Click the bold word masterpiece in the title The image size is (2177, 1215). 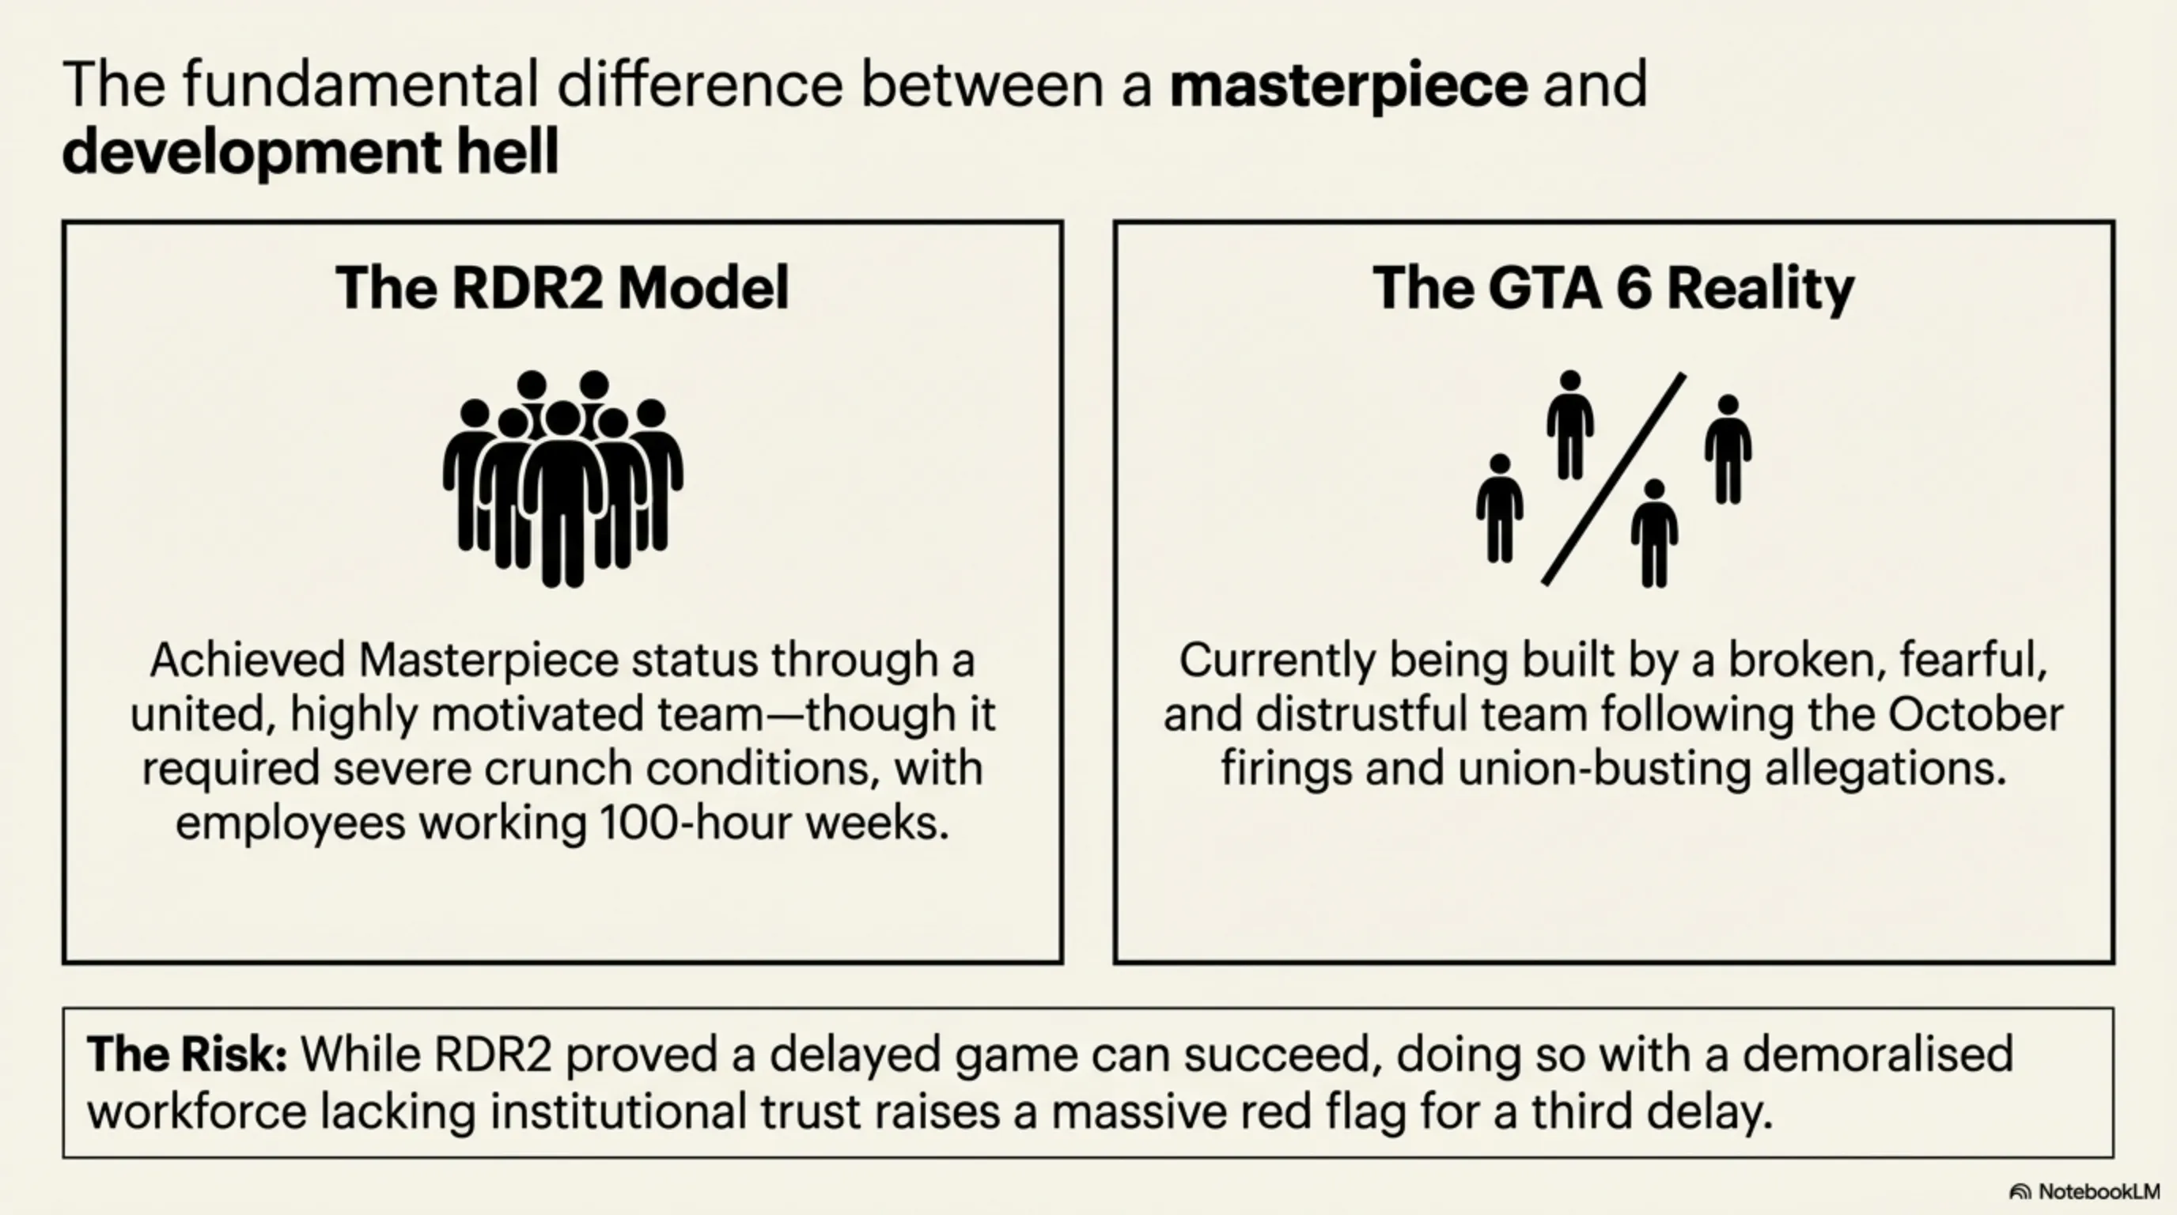point(1348,85)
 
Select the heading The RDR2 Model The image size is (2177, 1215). point(562,288)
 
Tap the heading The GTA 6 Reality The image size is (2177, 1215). point(1613,288)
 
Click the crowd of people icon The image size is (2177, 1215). point(563,478)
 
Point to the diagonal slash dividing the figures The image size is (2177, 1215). point(1613,479)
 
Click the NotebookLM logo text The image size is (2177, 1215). point(2099,1191)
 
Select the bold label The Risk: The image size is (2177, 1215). point(187,1054)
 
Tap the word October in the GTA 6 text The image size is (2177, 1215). point(1975,714)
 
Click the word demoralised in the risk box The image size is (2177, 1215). point(1878,1054)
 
